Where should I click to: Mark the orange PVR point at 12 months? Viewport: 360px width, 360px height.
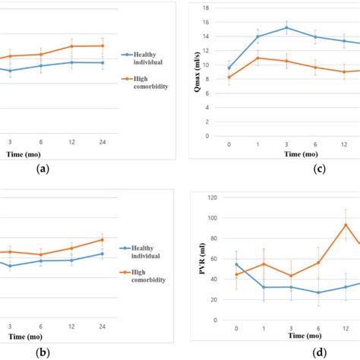[x=346, y=224]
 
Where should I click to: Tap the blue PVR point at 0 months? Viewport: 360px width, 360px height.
[x=236, y=264]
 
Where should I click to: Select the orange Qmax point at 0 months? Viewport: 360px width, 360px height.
[x=229, y=77]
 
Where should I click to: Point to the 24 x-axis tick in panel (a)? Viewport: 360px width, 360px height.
[x=103, y=141]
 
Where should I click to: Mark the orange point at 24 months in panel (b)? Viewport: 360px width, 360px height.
[x=103, y=240]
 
